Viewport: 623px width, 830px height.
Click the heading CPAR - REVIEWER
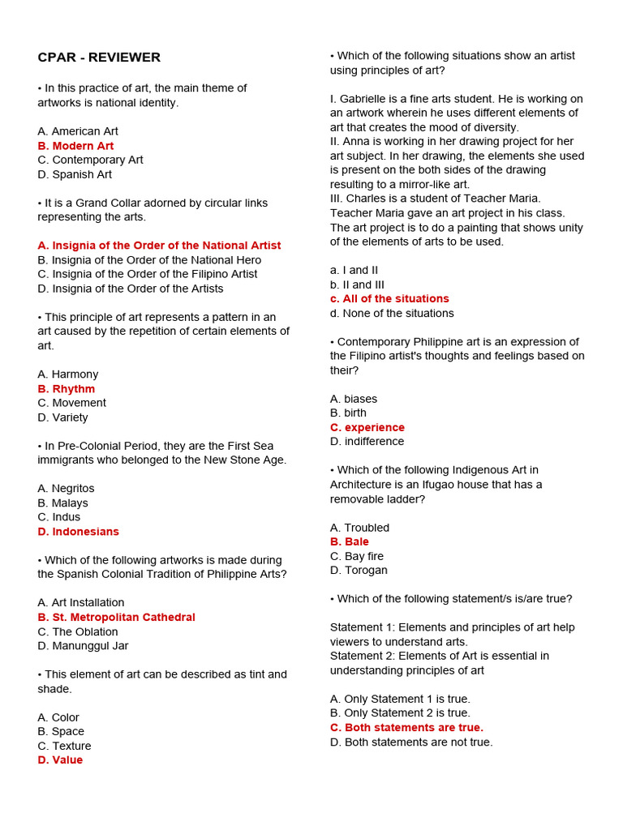(99, 58)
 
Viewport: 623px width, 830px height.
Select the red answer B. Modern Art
(75, 146)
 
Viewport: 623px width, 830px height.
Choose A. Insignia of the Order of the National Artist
(159, 246)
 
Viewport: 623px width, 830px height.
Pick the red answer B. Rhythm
(66, 389)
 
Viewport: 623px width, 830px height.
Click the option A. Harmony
(68, 374)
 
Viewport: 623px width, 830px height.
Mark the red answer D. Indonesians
(78, 532)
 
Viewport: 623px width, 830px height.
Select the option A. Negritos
(66, 489)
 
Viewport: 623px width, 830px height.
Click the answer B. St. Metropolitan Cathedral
(116, 618)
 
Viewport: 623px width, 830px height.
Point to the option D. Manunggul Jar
(83, 646)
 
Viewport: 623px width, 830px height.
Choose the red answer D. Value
(60, 760)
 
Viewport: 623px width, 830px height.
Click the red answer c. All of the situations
(389, 299)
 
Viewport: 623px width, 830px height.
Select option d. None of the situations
(392, 314)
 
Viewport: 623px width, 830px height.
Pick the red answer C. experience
(367, 427)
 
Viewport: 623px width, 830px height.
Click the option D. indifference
(367, 442)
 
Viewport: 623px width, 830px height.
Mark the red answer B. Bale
(350, 541)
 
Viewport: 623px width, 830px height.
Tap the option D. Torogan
(359, 571)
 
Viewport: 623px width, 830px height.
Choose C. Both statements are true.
(406, 728)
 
